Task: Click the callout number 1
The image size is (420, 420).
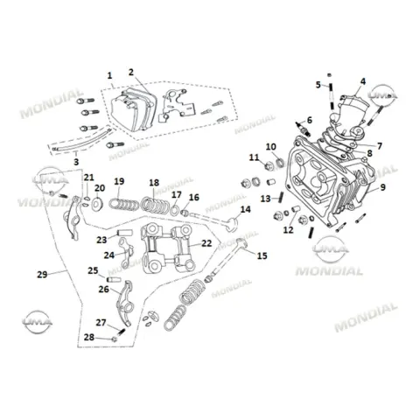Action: click(109, 75)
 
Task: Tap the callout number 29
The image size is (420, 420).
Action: click(42, 275)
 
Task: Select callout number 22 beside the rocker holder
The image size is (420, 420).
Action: click(206, 243)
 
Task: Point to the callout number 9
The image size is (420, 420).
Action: click(383, 187)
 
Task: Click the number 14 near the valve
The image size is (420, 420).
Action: click(246, 209)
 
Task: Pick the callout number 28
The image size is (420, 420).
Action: click(89, 337)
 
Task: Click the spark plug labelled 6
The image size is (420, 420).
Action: click(302, 129)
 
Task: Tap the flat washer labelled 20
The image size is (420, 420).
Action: click(97, 203)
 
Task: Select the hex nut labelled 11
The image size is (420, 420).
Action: click(269, 167)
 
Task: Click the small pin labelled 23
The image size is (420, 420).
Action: click(124, 233)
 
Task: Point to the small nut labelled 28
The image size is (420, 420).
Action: click(115, 339)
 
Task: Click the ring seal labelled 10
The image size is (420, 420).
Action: click(280, 163)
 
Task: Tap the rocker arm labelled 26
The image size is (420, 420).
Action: click(125, 304)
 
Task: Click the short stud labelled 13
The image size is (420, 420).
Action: click(282, 197)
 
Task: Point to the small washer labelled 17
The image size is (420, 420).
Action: click(175, 210)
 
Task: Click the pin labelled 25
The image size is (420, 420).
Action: click(114, 279)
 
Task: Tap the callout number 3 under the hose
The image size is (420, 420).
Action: click(76, 162)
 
